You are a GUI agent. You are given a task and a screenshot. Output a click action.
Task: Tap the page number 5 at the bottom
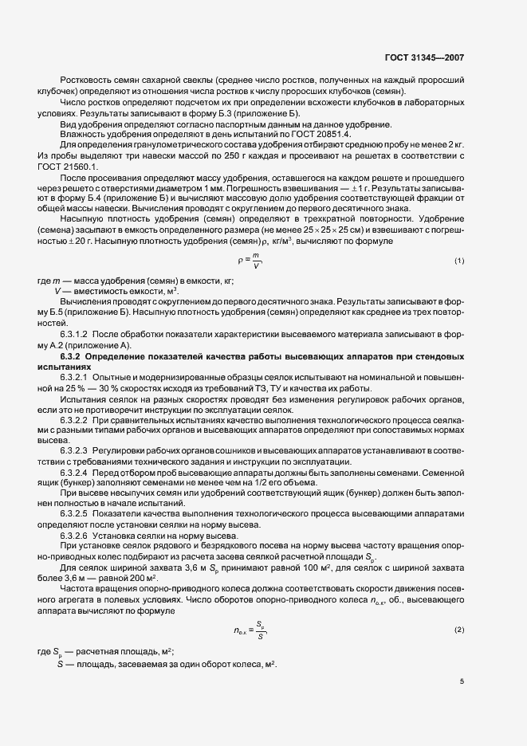point(461,681)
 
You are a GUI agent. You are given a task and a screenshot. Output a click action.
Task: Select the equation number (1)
point(459,261)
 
